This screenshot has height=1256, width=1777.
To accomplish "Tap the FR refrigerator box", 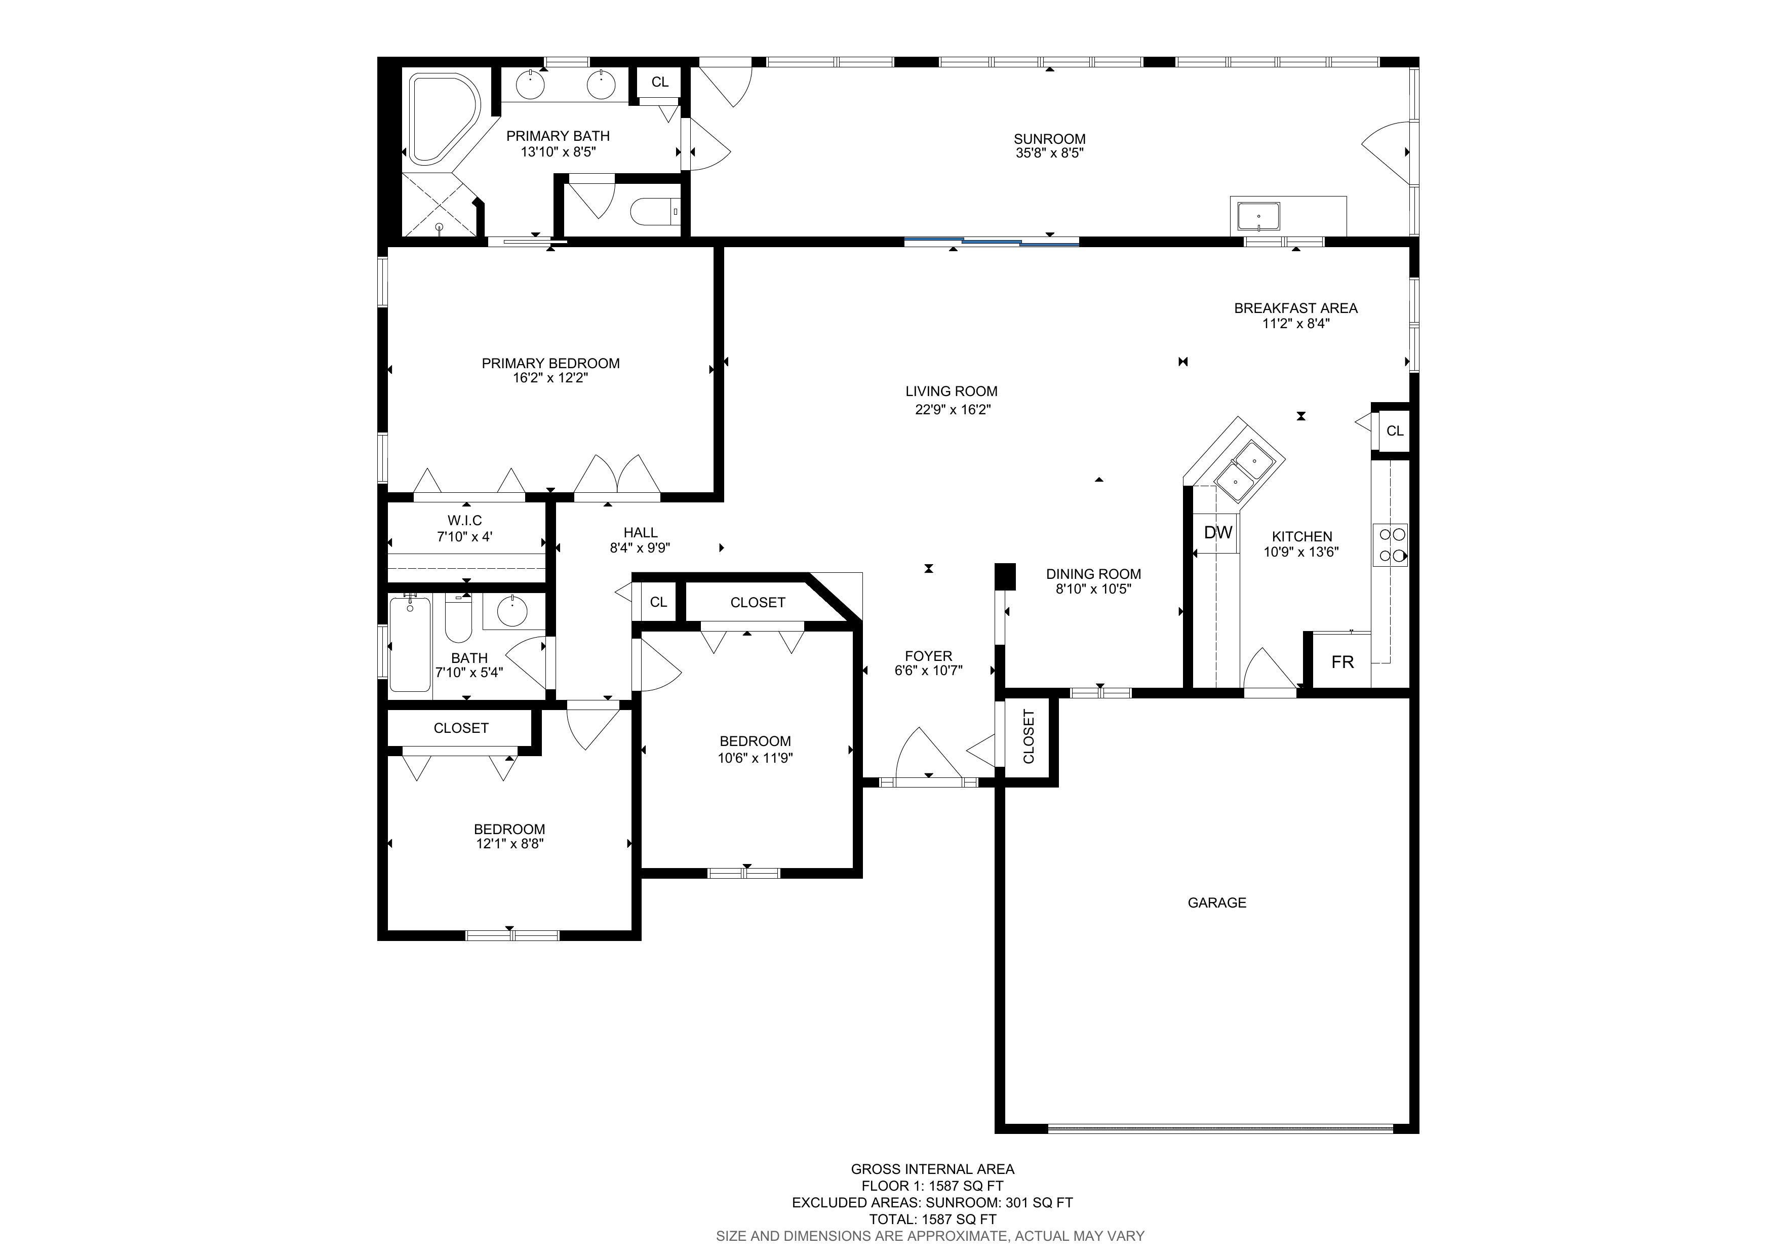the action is (x=1342, y=661).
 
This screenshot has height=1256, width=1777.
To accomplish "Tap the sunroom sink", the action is (x=1258, y=217).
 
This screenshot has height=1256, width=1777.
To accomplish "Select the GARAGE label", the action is (x=1217, y=902).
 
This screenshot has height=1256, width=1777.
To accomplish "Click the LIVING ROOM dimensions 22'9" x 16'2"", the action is (x=953, y=409).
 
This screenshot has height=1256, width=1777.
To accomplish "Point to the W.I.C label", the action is (x=464, y=520).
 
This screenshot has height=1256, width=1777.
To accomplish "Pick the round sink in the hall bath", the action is (x=511, y=611).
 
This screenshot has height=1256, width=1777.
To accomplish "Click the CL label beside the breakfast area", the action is (x=1395, y=431).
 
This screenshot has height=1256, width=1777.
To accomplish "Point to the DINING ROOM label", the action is (x=1094, y=574).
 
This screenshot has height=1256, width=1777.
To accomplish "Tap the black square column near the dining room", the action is (x=1005, y=576).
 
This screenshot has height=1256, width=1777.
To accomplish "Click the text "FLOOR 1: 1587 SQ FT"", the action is (x=933, y=1186).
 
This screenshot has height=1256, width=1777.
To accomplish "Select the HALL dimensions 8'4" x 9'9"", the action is (x=640, y=548).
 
